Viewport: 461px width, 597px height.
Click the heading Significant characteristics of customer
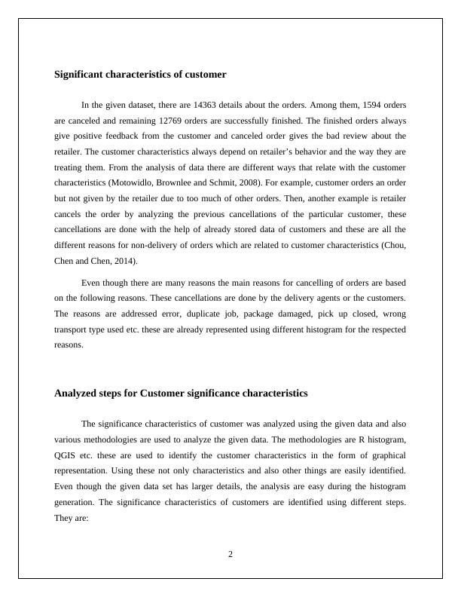tap(140, 75)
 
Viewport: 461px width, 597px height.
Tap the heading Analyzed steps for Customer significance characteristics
tap(181, 393)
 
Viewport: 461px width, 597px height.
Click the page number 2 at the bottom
tap(230, 554)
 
